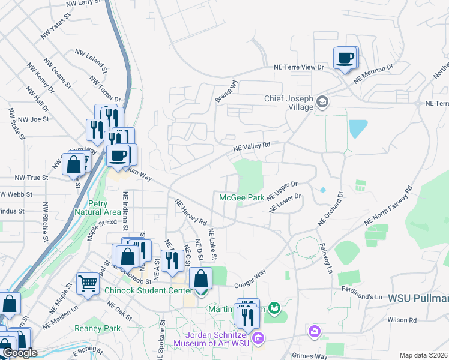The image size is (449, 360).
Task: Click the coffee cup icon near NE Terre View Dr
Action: [345, 58]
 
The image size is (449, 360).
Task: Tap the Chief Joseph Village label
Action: [289, 103]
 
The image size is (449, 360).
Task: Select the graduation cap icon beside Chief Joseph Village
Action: [322, 101]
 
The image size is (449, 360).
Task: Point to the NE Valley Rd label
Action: [253, 145]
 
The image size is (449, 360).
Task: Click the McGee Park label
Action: [242, 197]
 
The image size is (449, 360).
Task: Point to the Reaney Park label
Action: [97, 328]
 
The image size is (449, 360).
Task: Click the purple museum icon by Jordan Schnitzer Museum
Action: [258, 338]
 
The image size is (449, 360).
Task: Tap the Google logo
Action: [20, 353]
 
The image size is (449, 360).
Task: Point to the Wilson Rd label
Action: [402, 320]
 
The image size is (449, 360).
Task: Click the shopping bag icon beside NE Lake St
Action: [200, 278]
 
